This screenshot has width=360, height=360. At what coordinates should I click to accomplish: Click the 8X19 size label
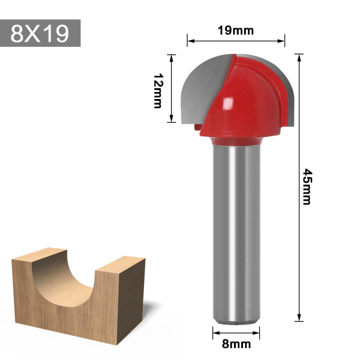click(x=40, y=33)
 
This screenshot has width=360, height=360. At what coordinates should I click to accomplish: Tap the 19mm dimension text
click(x=236, y=31)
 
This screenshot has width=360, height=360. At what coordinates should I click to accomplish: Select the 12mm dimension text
click(x=157, y=91)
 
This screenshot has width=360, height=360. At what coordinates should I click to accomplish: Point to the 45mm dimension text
click(x=307, y=186)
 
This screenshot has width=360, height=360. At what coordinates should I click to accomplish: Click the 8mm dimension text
click(x=236, y=345)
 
